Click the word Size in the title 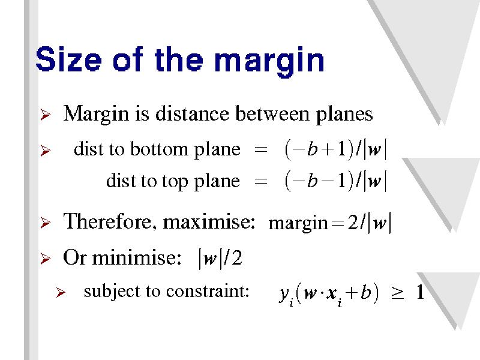tap(68, 59)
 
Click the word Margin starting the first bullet tap(96, 115)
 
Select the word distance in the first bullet tap(192, 114)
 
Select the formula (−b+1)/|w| tap(335, 149)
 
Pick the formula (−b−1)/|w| tap(335, 181)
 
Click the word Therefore tap(107, 221)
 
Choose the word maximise tap(209, 221)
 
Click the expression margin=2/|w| tap(330, 223)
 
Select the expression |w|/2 tap(220, 258)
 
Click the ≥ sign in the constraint tap(397, 293)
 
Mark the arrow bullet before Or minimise tap(46, 259)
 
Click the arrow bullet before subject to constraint tap(61, 293)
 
